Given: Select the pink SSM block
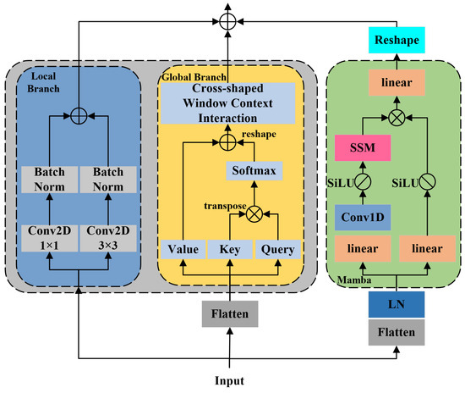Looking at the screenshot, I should (x=361, y=149).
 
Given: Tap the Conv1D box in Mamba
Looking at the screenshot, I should (x=361, y=216).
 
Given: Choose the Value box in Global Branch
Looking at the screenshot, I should (x=183, y=249).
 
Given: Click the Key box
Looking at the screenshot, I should (x=231, y=249).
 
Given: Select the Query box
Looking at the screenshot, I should (x=278, y=249).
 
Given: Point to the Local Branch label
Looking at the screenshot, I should (x=41, y=82).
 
